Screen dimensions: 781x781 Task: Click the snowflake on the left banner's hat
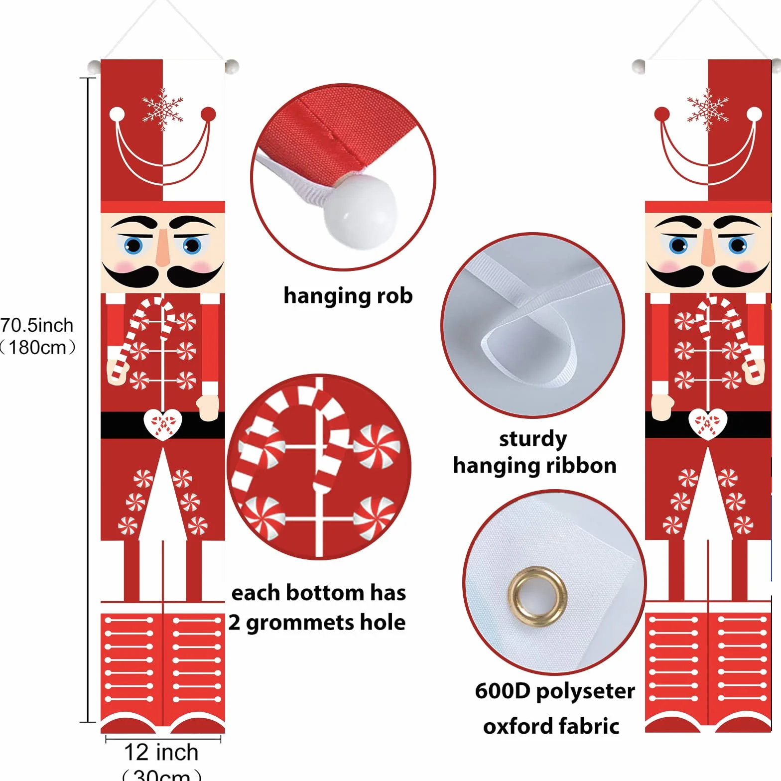pos(163,110)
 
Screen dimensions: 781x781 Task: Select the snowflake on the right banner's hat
pos(708,110)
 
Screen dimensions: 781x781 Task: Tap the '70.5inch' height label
pos(37,325)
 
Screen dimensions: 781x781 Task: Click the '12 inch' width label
pos(161,752)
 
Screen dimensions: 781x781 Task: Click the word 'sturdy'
pos(533,439)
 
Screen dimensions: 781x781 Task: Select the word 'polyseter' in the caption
pos(586,692)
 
